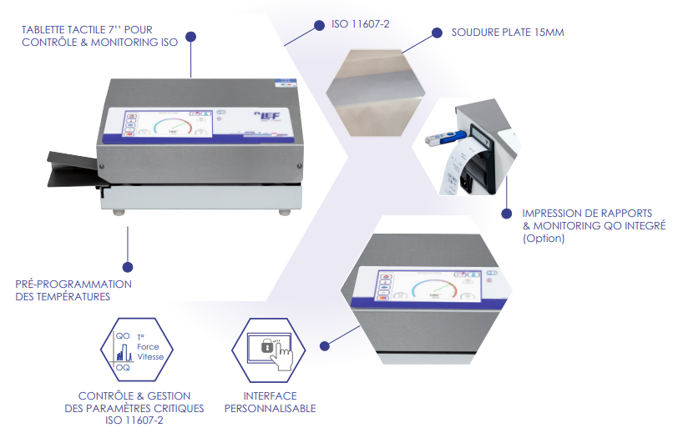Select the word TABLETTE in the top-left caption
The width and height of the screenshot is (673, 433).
pos(46,30)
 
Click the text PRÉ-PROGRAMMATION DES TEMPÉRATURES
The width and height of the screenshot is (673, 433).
pos(73,290)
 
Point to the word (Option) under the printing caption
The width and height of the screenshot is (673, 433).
pos(543,239)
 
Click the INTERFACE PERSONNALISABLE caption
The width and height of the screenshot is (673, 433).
pos(270,402)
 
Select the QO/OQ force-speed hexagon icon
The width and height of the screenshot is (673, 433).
pos(136,350)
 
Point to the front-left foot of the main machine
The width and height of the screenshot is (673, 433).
pos(119,213)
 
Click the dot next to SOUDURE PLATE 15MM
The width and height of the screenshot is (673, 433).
pos(436,33)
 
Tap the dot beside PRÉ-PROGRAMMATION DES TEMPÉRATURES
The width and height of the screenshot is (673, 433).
pos(128,267)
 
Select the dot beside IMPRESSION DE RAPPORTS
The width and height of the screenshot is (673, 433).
pos(505,214)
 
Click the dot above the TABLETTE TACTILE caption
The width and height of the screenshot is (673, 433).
pos(191,36)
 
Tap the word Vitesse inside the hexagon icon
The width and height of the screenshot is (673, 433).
pos(150,356)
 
